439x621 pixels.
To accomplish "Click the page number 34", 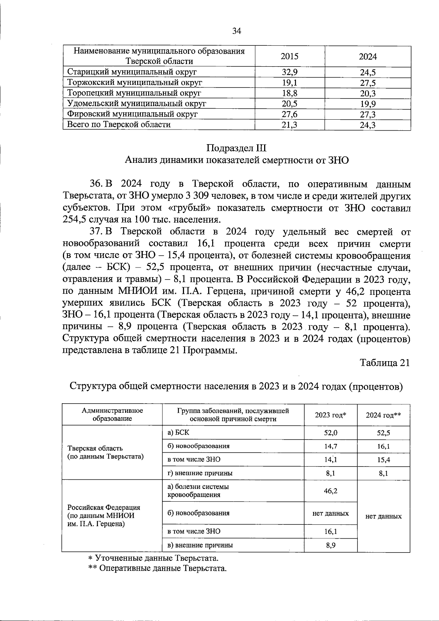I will [237, 31].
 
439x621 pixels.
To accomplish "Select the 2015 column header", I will [289, 56].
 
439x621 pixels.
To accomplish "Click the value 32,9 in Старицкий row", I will [289, 72].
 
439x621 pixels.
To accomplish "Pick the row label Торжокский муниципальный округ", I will [135, 82].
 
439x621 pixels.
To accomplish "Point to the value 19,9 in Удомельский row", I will [368, 104].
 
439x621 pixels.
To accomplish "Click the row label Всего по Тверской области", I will [119, 125].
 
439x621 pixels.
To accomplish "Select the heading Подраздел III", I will [236, 148].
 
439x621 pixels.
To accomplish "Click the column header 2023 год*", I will [330, 415].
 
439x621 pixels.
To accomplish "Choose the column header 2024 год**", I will [383, 415].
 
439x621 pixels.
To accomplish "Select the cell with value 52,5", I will [383, 433].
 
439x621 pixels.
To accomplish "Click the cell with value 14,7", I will [330, 446].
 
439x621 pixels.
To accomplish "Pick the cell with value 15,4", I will [383, 460].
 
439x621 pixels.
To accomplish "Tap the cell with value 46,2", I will [330, 491].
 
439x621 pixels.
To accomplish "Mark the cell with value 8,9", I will [330, 545].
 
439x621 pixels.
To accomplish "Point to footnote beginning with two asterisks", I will [157, 568].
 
